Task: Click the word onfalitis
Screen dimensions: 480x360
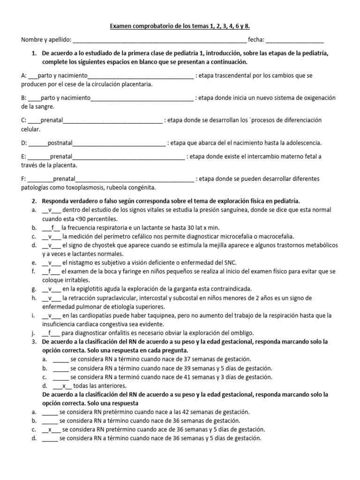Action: [x=120, y=333]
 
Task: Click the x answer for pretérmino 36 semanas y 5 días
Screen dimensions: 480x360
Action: [x=49, y=429]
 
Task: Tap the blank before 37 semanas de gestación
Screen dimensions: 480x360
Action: [x=61, y=360]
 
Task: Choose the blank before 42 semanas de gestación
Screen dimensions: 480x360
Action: [x=50, y=412]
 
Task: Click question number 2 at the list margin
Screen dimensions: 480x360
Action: [x=34, y=201]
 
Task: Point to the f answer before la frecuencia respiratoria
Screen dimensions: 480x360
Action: [x=53, y=228]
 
